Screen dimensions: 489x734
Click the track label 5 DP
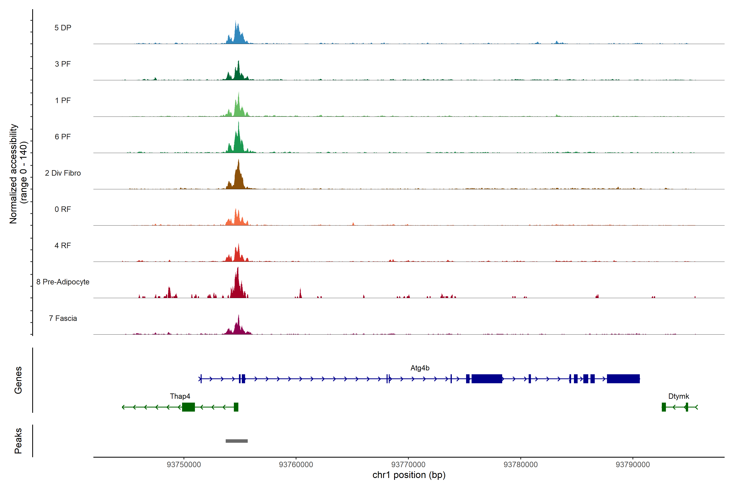(x=63, y=28)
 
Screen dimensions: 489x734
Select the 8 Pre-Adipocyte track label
(x=63, y=282)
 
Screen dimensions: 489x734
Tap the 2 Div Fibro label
(x=63, y=173)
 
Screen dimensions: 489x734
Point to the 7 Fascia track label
(x=63, y=318)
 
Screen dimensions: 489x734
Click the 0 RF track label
(x=63, y=209)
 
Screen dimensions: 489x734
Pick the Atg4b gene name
(x=420, y=368)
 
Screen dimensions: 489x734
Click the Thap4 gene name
(x=180, y=396)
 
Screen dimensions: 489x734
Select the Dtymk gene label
(x=679, y=396)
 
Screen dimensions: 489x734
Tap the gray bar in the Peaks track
(x=237, y=441)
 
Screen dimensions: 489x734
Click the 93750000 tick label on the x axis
(x=184, y=464)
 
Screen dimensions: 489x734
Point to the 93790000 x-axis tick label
(x=633, y=464)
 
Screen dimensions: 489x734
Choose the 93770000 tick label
(x=408, y=464)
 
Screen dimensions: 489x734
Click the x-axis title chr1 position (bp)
(x=409, y=475)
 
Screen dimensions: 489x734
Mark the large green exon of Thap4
(x=188, y=407)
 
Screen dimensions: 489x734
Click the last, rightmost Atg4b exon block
(x=623, y=379)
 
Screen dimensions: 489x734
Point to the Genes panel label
(x=18, y=380)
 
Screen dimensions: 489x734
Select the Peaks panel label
(x=18, y=441)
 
